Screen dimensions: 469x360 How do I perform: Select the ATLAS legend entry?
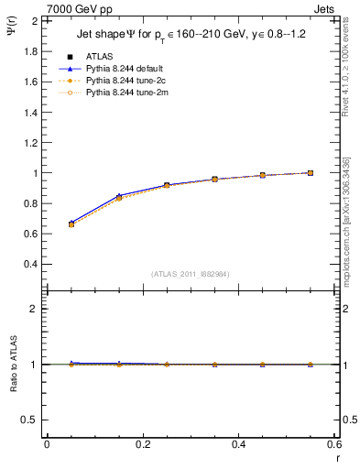100,55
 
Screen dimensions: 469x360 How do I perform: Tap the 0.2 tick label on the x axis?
143,444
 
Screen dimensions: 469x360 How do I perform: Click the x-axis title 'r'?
337,457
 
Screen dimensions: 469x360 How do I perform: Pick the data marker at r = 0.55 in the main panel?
311,172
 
